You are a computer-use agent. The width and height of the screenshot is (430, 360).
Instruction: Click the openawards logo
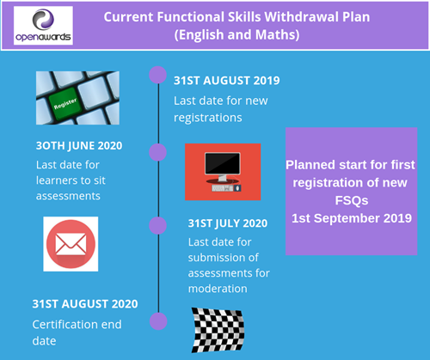[43, 26]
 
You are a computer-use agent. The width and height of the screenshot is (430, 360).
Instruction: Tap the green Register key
[65, 103]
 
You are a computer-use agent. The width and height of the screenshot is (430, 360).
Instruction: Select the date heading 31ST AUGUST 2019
[227, 81]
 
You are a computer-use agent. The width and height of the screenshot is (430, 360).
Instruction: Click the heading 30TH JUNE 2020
[79, 145]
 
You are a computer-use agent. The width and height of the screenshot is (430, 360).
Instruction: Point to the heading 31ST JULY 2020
[228, 223]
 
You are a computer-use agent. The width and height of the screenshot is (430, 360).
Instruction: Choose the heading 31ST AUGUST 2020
[85, 304]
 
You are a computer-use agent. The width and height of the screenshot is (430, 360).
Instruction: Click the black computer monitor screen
[223, 163]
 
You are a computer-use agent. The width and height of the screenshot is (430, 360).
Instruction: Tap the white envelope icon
[71, 244]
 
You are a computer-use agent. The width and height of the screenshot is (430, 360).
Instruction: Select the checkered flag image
[218, 330]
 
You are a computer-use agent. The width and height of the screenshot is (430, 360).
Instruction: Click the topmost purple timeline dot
[158, 75]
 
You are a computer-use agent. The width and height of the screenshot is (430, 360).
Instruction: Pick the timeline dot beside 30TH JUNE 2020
[158, 152]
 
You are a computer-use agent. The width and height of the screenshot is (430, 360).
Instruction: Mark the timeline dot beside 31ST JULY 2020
[158, 225]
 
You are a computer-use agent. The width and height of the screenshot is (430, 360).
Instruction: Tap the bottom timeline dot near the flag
[158, 321]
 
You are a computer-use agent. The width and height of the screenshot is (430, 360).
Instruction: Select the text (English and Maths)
[237, 35]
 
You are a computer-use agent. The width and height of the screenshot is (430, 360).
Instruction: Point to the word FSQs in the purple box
[352, 200]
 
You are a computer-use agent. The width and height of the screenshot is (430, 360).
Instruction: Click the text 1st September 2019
[352, 218]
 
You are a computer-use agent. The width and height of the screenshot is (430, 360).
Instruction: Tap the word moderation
[218, 289]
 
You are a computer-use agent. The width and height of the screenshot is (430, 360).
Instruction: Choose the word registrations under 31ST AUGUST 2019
[208, 118]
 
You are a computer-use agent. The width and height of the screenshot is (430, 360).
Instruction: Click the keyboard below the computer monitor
[224, 188]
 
